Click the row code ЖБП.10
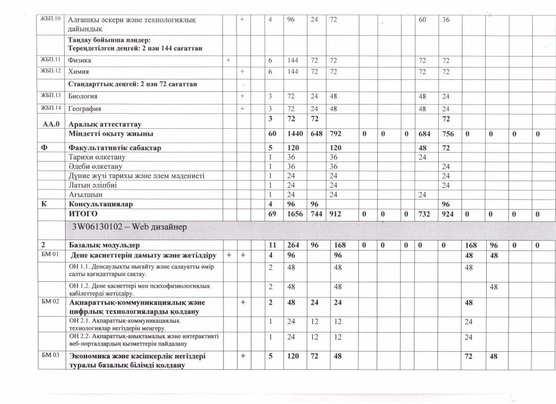[x=50, y=19]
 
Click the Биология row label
[x=83, y=96]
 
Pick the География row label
[x=85, y=109]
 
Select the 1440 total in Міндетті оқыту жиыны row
[x=294, y=134]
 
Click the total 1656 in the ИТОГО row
[x=294, y=214]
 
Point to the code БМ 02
[x=51, y=302]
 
